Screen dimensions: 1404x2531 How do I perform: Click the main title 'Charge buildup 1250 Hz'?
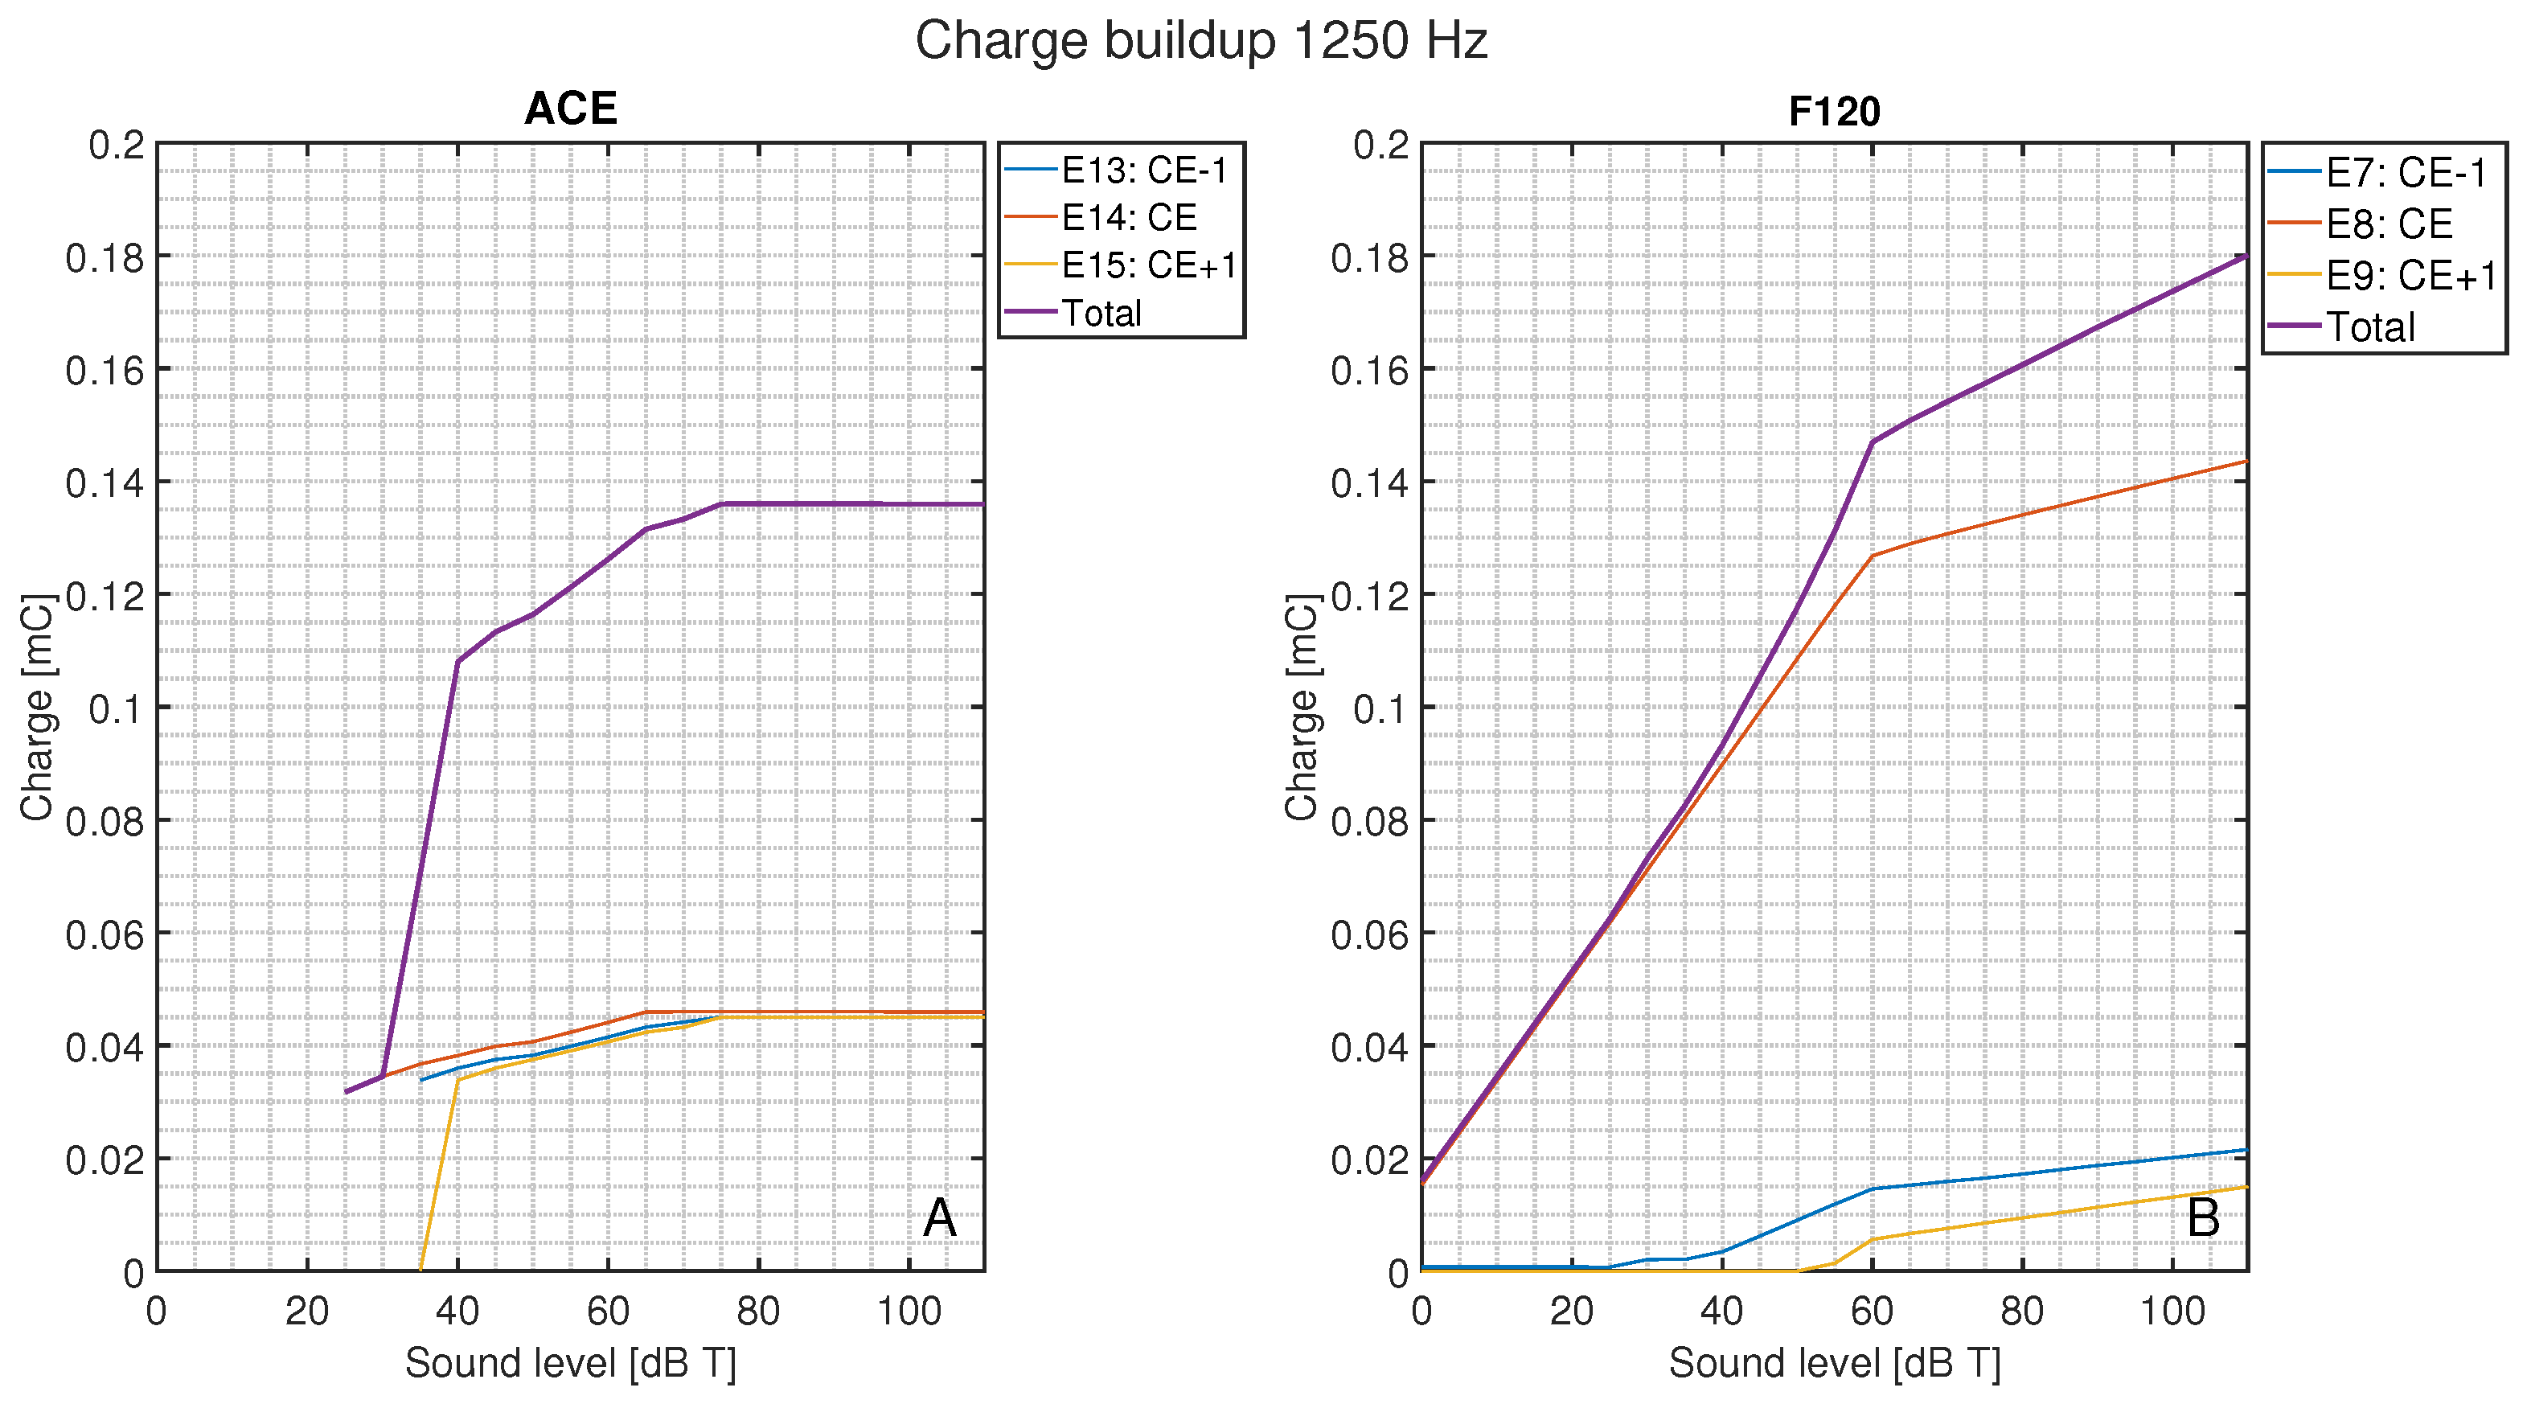pos(1200,41)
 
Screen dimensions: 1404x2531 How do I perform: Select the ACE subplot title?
pos(570,108)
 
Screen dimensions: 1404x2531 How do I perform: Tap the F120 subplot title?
pos(1833,111)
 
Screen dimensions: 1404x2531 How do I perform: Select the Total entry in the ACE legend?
pos(1101,314)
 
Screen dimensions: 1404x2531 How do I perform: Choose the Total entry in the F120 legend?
pos(2368,327)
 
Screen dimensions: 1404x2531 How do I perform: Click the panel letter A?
pos(939,1218)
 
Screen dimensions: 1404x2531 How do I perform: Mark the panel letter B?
pos(2203,1218)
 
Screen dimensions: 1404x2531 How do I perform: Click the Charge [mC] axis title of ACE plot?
pos(37,708)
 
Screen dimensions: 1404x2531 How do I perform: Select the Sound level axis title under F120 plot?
pos(1833,1363)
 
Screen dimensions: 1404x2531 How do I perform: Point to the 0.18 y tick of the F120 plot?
pos(1371,257)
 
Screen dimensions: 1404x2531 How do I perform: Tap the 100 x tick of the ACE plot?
pos(909,1311)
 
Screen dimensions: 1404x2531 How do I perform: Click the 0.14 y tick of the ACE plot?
pos(105,483)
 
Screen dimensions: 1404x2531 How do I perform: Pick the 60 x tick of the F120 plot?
pos(1872,1311)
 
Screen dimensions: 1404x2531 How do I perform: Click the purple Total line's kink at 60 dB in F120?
pos(1872,442)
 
